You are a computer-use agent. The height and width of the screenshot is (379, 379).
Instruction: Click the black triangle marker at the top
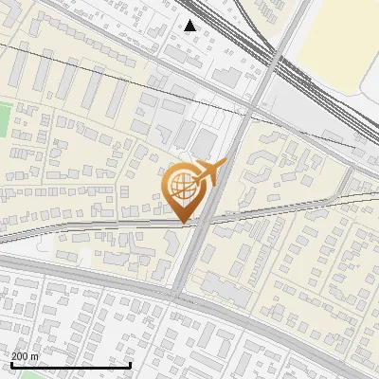[x=190, y=26]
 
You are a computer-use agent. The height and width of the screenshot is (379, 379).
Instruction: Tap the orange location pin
[x=184, y=192]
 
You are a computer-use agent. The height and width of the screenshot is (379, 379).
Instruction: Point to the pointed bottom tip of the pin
[x=184, y=222]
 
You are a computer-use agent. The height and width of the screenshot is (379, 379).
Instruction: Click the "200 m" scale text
[x=26, y=355]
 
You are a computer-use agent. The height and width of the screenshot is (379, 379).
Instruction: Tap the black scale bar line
[x=70, y=365]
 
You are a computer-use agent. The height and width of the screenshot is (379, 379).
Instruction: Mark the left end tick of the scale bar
[x=10, y=363]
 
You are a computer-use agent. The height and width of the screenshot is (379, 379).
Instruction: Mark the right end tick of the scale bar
[x=130, y=363]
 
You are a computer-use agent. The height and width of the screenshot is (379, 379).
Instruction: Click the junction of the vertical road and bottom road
[x=178, y=296]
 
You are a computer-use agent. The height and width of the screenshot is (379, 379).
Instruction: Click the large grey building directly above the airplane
[x=205, y=143]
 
